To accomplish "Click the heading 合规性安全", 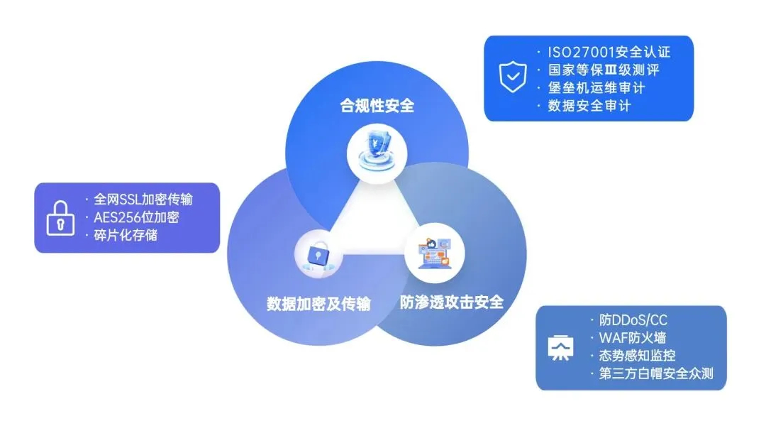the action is [377, 107].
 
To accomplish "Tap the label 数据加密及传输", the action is [318, 304].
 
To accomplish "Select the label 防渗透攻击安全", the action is [451, 302].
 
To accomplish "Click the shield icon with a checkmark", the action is [513, 78].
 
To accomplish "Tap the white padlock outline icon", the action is [60, 218].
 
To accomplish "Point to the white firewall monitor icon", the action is [560, 348].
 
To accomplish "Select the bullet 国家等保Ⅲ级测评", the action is [604, 70].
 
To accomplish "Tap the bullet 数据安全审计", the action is [589, 106].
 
